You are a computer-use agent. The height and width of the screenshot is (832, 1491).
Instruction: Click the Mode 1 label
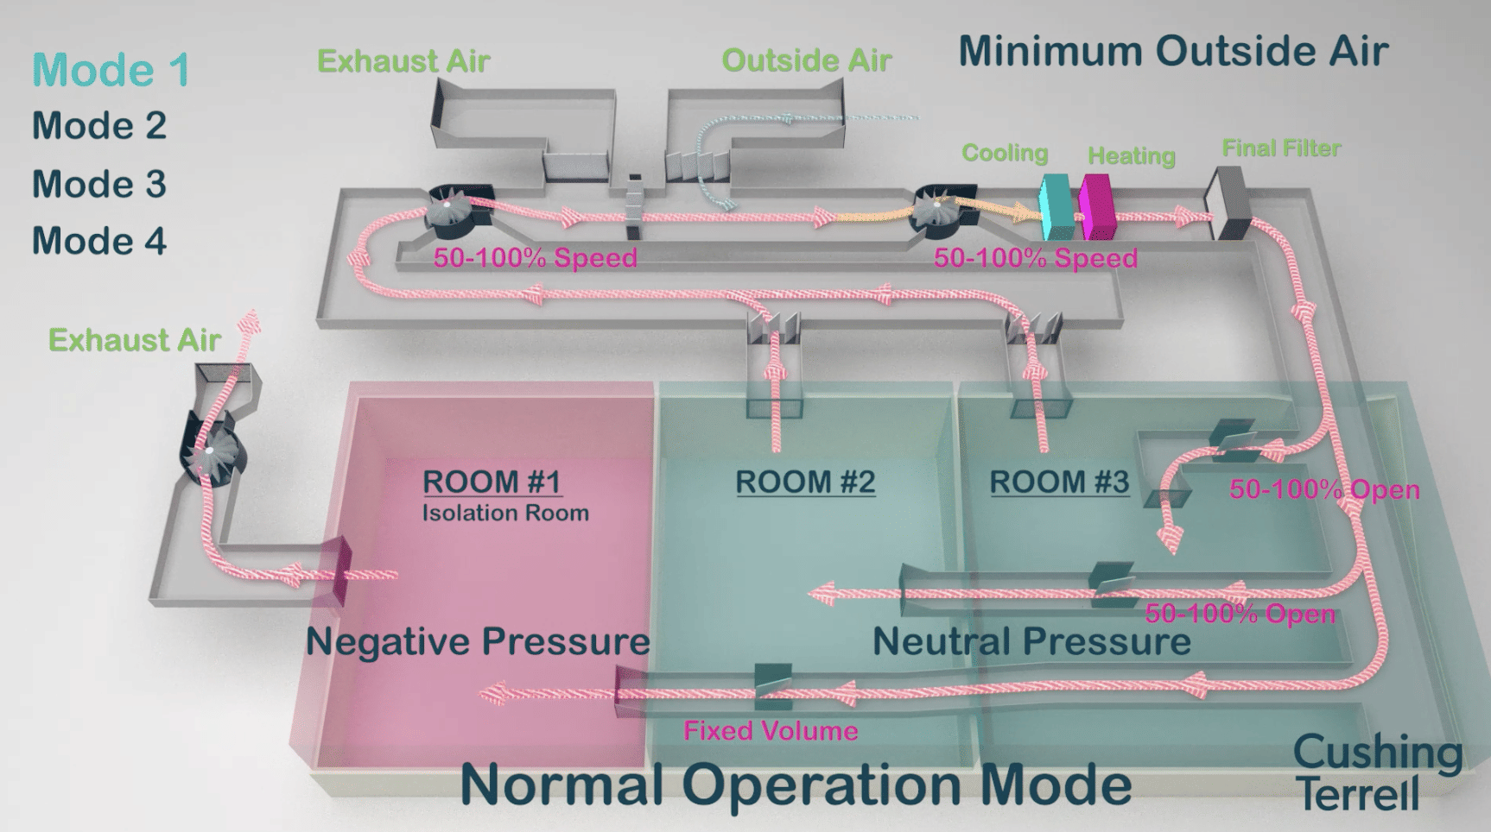(111, 70)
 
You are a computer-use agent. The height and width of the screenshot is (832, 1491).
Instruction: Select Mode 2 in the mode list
(99, 126)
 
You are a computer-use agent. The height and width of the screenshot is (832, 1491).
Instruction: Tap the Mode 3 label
(99, 184)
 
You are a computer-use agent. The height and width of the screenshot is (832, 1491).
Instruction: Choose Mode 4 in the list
(99, 241)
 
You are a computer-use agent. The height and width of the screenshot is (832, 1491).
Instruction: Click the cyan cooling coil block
(1056, 207)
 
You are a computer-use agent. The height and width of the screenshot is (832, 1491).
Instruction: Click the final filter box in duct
(1229, 204)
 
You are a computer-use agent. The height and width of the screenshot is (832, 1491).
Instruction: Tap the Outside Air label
(806, 60)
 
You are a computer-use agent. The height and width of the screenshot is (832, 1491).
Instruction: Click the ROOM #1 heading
(492, 482)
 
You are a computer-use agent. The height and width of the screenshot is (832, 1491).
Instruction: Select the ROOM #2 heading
(805, 482)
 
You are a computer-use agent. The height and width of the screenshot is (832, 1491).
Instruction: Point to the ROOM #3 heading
(1059, 482)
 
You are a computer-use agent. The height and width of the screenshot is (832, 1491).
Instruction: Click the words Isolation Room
(505, 514)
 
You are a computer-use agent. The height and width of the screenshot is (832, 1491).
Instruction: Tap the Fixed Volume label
(771, 731)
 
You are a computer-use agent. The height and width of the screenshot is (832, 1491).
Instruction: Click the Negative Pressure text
(478, 641)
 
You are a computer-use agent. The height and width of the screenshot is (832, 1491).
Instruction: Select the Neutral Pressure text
(1031, 641)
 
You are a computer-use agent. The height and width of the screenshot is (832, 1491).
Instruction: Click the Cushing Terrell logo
(1377, 772)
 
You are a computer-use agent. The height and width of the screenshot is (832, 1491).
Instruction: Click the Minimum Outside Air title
(1173, 51)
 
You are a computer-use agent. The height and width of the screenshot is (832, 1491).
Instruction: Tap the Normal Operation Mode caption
(796, 785)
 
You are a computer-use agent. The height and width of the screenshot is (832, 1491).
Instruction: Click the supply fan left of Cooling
(941, 209)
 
